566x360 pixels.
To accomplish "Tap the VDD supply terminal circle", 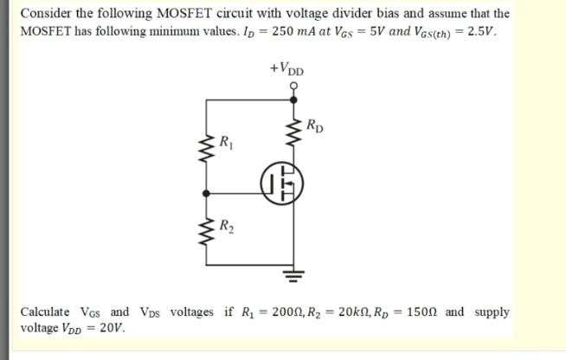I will click(x=293, y=86).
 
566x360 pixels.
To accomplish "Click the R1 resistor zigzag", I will click(x=206, y=148).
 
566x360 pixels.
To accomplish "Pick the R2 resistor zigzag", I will click(x=206, y=228).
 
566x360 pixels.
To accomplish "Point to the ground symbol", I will click(x=293, y=278).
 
